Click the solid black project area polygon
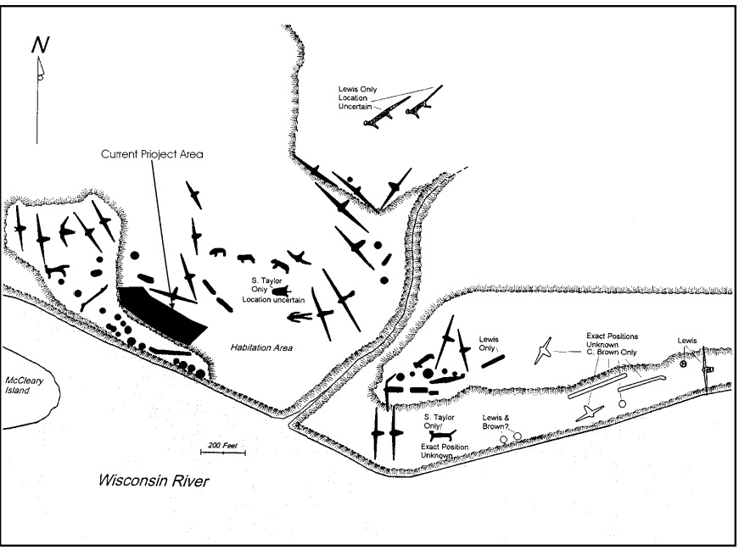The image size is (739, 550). pyautogui.click(x=161, y=313)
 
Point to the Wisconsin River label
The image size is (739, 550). pyautogui.click(x=153, y=481)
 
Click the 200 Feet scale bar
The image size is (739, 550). pyautogui.click(x=224, y=451)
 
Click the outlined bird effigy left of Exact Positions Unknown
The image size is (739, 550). pyautogui.click(x=545, y=351)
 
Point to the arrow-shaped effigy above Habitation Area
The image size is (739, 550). pyautogui.click(x=297, y=318)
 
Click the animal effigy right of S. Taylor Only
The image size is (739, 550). pyautogui.click(x=280, y=290)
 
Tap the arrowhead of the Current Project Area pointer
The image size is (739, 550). pyautogui.click(x=174, y=297)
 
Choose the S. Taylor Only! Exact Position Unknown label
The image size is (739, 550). pyautogui.click(x=442, y=436)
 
